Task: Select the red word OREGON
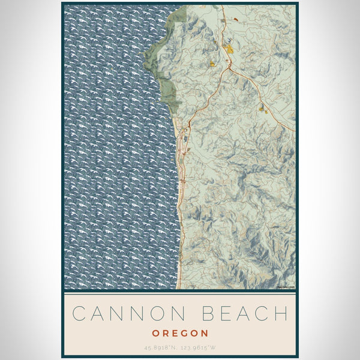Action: point(180,333)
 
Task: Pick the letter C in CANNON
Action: point(78,313)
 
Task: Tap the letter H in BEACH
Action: point(281,313)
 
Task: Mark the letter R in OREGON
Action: point(164,333)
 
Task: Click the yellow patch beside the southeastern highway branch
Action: point(261,109)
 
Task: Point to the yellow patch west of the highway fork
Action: point(212,62)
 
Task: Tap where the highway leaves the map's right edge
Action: point(294,130)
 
